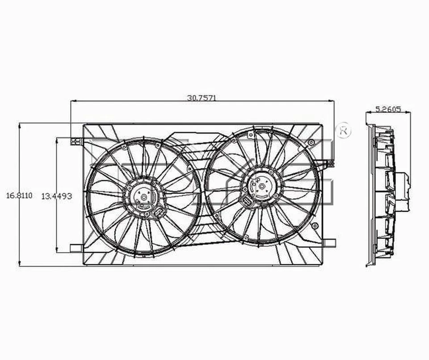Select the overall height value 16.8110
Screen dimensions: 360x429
[x=19, y=196]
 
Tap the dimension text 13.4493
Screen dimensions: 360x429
[x=57, y=196]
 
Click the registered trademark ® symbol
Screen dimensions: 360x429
[x=344, y=130]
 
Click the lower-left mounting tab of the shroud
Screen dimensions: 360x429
[x=76, y=248]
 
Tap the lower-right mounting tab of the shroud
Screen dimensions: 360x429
[x=330, y=243]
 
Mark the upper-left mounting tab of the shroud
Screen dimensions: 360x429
[x=76, y=141]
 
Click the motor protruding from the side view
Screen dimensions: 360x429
[x=402, y=192]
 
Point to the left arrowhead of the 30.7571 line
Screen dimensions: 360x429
[x=73, y=101]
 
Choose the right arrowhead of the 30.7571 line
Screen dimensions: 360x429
[x=333, y=101]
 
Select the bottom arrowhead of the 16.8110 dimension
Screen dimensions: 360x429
[x=19, y=264]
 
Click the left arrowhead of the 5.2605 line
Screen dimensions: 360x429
[x=368, y=113]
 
